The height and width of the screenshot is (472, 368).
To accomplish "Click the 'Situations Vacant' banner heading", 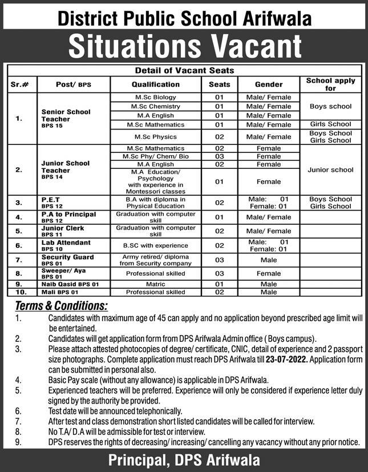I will [x=184, y=46].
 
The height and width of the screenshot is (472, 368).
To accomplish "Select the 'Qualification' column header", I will [x=155, y=84].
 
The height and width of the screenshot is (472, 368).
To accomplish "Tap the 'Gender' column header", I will [x=268, y=84].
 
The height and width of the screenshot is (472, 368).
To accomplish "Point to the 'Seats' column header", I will [x=220, y=84].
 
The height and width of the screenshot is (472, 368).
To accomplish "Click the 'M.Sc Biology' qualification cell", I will [x=155, y=98].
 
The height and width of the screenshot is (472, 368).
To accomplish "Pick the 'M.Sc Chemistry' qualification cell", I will [x=155, y=107].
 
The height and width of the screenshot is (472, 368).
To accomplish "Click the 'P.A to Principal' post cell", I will [x=68, y=215].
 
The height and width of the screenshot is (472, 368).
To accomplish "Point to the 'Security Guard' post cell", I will [x=67, y=257].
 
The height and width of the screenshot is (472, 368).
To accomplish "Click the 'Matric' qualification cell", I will [x=155, y=284].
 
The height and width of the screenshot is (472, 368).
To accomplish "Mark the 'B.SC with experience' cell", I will [x=155, y=245].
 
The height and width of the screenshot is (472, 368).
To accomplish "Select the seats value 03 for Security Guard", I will [x=220, y=260].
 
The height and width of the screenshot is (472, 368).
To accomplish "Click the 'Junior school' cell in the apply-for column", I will [x=330, y=170].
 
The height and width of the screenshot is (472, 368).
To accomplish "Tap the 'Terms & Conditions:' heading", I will [x=61, y=305].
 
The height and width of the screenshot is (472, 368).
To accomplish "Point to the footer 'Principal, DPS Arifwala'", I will [x=184, y=459].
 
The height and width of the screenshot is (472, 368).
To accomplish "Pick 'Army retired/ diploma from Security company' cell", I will [x=155, y=260].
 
